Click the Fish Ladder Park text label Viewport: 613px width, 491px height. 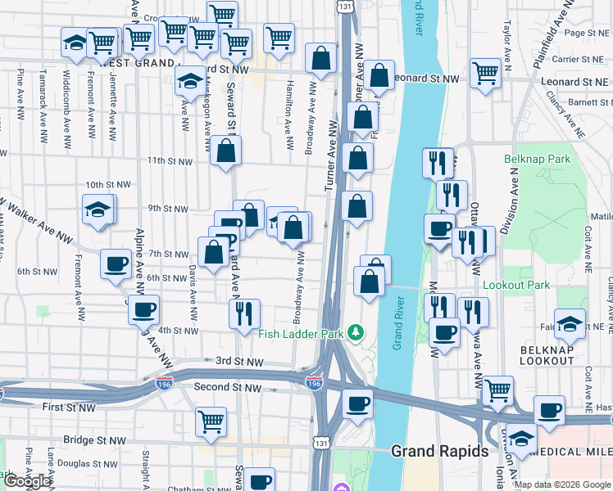(x=300, y=334)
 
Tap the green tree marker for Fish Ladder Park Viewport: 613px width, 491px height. (x=355, y=332)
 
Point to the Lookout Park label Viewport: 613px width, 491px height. (x=516, y=285)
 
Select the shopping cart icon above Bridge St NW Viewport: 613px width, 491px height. (x=211, y=421)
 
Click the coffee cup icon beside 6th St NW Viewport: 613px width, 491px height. (x=116, y=264)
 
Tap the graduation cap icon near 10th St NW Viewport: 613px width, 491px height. (x=98, y=209)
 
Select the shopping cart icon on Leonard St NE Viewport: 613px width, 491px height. (x=486, y=73)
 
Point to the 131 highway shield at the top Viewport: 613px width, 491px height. (x=344, y=6)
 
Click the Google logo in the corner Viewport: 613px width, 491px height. (x=28, y=481)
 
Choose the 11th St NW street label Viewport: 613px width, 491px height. (x=169, y=162)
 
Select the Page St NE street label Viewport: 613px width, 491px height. (x=584, y=33)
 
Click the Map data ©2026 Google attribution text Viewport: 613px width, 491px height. (x=563, y=484)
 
